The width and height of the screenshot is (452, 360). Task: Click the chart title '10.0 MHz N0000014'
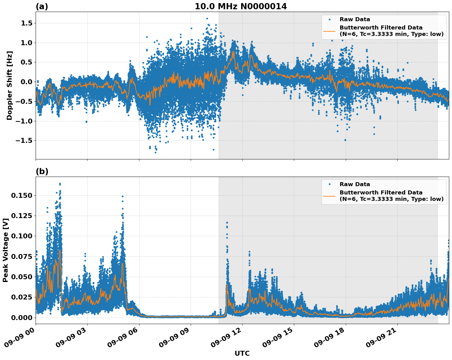[x=241, y=6]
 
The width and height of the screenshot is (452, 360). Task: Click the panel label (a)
[x=42, y=6]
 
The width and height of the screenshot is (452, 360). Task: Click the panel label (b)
[x=42, y=171]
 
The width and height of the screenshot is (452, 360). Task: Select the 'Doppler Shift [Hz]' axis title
[x=10, y=85]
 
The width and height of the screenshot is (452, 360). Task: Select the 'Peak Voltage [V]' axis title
[x=5, y=250]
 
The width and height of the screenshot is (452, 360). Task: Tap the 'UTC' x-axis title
[x=242, y=353]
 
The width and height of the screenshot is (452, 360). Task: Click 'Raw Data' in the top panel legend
[x=355, y=20]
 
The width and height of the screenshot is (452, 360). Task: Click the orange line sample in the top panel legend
[x=329, y=31]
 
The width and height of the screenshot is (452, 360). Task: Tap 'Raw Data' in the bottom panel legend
[x=355, y=185]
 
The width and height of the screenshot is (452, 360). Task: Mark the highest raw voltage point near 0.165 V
[x=60, y=184]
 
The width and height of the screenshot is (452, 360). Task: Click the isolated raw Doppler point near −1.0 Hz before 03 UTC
[x=86, y=122]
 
